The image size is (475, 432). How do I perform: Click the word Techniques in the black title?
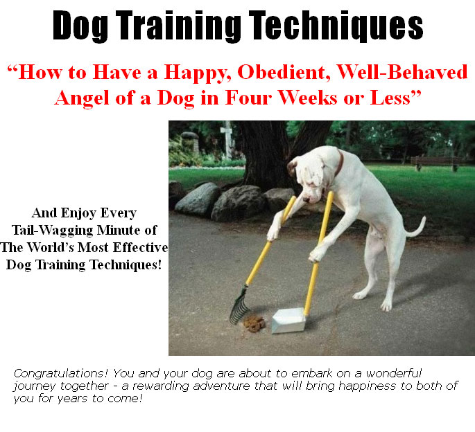coord(336,25)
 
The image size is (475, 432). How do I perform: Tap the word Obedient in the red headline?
coord(284,73)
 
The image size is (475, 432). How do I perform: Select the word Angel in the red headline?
coord(82,99)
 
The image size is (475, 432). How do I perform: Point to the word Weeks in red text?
coord(307,98)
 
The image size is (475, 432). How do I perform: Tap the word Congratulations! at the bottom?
coord(60,374)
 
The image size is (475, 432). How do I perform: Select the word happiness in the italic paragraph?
coord(367,386)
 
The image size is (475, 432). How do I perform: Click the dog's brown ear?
coord(293,168)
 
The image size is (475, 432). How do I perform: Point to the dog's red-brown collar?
coord(339,163)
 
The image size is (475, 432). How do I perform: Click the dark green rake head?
coord(239,305)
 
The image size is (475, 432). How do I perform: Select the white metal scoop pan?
coord(288,320)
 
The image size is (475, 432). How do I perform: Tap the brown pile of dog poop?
coord(254,323)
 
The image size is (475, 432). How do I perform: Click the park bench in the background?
coord(435,162)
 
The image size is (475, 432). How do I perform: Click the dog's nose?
coord(306,199)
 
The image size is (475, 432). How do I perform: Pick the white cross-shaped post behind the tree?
coord(227,138)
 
